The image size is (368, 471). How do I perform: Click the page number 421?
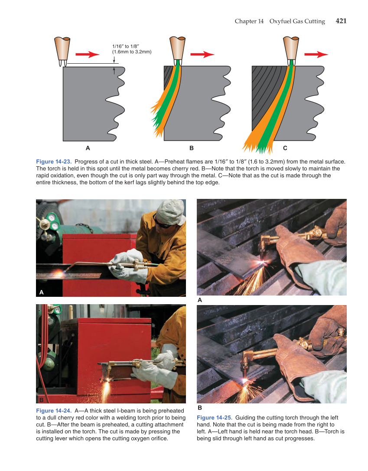pos(341,21)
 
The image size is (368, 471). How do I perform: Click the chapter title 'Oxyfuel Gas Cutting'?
pos(297,21)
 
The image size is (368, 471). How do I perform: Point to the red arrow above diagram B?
pos(202,54)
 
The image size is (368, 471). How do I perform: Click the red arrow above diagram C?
pos(316,54)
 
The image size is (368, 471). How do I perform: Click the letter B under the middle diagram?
pos(192,148)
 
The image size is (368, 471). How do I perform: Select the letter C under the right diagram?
pos(285,148)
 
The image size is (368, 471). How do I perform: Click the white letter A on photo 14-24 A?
pos(41,292)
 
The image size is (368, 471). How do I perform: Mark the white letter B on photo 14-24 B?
pos(41,399)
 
